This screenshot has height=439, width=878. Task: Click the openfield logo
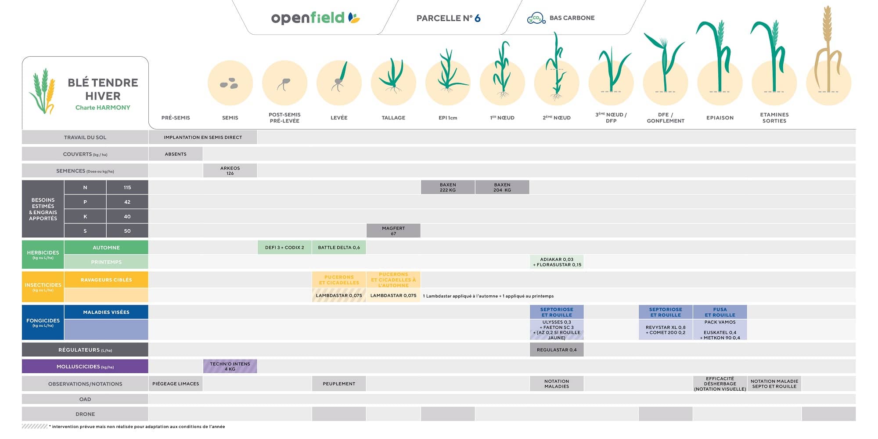[x=315, y=18]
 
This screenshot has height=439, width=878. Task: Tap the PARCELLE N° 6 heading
[x=448, y=18]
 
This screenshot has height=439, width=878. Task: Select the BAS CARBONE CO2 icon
[x=536, y=18]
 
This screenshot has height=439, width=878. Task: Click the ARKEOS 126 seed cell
[x=230, y=171]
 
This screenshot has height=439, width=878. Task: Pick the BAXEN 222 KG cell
[x=448, y=187]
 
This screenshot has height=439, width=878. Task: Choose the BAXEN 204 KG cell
[x=502, y=187]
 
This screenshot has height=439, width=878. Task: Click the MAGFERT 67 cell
[x=393, y=231]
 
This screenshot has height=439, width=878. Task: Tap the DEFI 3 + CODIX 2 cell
[x=284, y=248]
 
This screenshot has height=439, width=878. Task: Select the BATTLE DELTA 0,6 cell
[x=339, y=248]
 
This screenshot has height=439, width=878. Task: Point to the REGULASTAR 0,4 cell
[x=557, y=350]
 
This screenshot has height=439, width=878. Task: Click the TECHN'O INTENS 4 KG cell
[x=230, y=367]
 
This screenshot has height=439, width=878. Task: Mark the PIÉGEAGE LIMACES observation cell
[x=176, y=384]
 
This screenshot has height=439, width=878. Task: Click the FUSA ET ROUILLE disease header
[x=720, y=312]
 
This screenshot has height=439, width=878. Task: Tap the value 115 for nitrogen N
[x=127, y=187]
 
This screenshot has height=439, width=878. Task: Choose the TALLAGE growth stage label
[x=393, y=118]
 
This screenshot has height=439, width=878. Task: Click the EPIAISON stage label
[x=720, y=118]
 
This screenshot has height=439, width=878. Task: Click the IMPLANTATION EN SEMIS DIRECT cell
[x=203, y=137]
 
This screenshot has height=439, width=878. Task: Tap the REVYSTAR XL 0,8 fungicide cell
[x=666, y=330]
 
